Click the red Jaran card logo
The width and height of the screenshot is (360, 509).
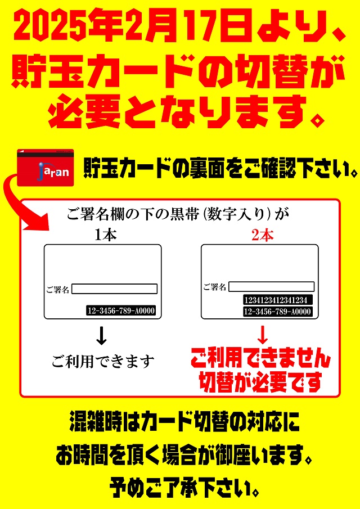(46, 168)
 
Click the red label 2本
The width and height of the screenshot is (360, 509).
(262, 236)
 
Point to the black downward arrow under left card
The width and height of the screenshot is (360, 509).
(102, 335)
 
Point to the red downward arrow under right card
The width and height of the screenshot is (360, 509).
(262, 335)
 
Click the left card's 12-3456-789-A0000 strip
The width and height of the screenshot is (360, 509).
(121, 310)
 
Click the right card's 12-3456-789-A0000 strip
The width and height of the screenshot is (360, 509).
(277, 312)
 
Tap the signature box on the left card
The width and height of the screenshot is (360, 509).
(114, 289)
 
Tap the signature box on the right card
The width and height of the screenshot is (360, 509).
(271, 287)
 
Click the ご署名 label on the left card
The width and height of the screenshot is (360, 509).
(57, 290)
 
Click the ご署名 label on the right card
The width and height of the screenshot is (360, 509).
(214, 287)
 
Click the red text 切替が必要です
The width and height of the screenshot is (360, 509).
(260, 382)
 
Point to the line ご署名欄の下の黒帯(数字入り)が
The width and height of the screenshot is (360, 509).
(180, 214)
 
